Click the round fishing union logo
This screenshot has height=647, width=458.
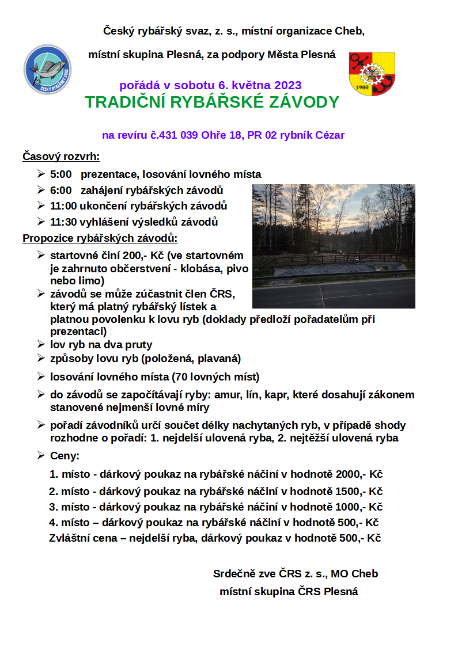pyautogui.click(x=47, y=69)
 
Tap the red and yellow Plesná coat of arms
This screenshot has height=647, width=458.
pyautogui.click(x=372, y=74)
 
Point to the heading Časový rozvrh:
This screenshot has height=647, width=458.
pyautogui.click(x=61, y=156)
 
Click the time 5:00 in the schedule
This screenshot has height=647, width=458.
pyautogui.click(x=60, y=174)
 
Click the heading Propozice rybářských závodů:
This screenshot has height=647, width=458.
pyautogui.click(x=100, y=238)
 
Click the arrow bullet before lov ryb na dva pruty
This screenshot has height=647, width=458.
pyautogui.click(x=41, y=344)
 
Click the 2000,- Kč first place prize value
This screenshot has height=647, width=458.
pyautogui.click(x=351, y=475)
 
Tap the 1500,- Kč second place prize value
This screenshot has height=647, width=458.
pyautogui.click(x=351, y=492)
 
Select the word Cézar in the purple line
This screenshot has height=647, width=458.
pyautogui.click(x=329, y=136)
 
